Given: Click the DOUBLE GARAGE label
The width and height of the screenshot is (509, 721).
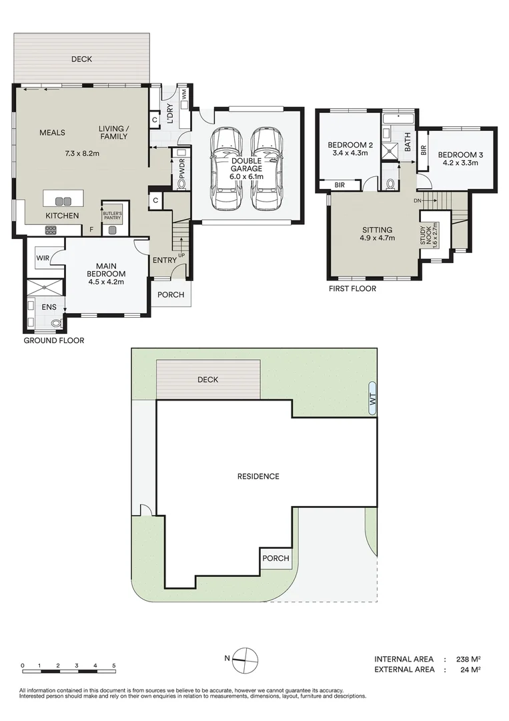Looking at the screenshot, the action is click(x=247, y=165).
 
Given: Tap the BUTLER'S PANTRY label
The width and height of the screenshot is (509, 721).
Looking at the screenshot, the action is click(x=112, y=216).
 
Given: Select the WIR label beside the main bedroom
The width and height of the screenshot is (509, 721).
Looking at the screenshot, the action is click(x=43, y=258).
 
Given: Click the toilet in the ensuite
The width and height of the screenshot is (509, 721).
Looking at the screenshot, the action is click(x=56, y=323).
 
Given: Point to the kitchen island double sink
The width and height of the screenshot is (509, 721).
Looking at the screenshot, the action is click(x=63, y=201).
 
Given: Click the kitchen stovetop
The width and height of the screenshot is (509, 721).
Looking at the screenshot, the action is click(x=51, y=230).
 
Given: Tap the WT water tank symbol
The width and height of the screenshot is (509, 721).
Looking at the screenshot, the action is click(x=372, y=398).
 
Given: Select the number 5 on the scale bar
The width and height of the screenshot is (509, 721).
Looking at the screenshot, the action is click(x=114, y=666).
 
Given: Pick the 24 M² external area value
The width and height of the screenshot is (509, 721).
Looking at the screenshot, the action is click(x=470, y=670).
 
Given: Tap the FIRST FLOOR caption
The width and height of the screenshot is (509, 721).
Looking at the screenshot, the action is click(x=352, y=289).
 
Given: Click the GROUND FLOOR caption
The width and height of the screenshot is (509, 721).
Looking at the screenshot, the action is click(x=54, y=340).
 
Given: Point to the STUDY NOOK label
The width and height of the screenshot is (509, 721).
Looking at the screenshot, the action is click(x=426, y=235).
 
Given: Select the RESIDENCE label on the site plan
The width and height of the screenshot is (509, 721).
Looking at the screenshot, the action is click(x=258, y=477).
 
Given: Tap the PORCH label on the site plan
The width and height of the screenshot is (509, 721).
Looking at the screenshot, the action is click(x=276, y=558).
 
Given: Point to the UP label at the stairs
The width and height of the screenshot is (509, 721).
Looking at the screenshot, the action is click(x=181, y=255).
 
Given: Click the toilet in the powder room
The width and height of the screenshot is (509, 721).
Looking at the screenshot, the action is click(x=181, y=184).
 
